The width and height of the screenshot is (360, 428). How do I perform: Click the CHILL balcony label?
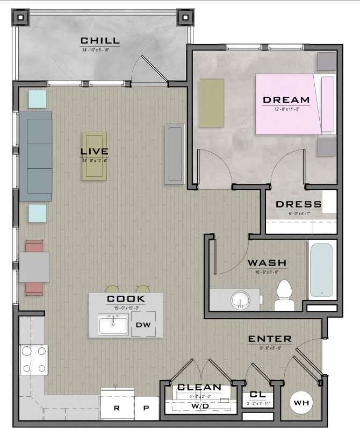click(100, 41)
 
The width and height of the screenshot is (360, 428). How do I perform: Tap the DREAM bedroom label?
click(286, 99)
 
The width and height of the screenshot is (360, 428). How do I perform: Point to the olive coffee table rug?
click(95, 156)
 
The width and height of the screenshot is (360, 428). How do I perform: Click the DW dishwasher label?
click(142, 325)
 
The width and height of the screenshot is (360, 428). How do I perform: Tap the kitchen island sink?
click(113, 325)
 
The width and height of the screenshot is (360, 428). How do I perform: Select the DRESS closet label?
click(298, 205)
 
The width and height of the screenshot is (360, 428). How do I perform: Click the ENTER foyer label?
click(270, 339)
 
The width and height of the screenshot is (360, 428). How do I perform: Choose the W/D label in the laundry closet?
click(200, 407)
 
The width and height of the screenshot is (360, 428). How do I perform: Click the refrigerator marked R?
click(117, 408)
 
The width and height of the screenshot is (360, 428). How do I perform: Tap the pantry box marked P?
click(146, 408)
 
